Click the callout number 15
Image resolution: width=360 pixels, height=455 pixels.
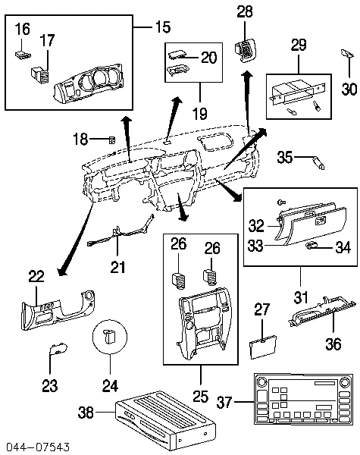point(164,27)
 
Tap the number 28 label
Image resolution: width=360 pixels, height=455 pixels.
point(245,11)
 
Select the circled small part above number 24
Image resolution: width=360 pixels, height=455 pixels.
point(110,334)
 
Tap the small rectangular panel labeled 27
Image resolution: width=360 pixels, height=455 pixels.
point(261,345)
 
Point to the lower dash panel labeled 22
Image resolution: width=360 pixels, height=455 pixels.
point(57,308)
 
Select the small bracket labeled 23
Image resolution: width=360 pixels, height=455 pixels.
point(55,349)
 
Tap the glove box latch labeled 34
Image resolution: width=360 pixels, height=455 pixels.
point(311,246)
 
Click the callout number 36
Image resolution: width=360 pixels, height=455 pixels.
point(333,344)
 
